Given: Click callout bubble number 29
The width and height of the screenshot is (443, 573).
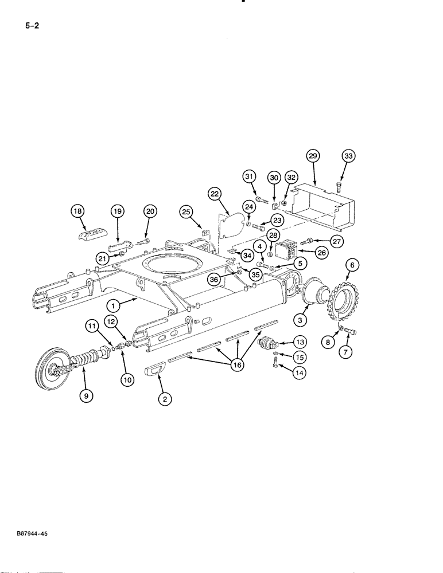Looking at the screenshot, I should coord(313,156).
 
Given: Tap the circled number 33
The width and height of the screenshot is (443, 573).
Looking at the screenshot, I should coord(348,156).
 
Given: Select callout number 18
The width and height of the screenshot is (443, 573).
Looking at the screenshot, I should coord(78,211).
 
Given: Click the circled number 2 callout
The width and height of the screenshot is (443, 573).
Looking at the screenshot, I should coord(164,400).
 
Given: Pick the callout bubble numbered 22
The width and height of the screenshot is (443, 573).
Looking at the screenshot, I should coord(215,195).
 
